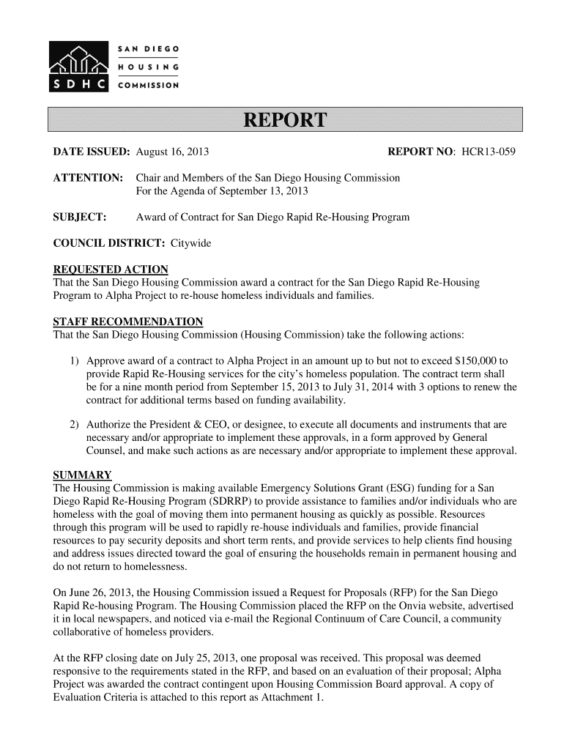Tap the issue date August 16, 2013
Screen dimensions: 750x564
173,153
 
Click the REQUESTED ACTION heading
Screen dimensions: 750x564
111,270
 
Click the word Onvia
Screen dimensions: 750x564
387,606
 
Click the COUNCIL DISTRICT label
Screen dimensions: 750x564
110,242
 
